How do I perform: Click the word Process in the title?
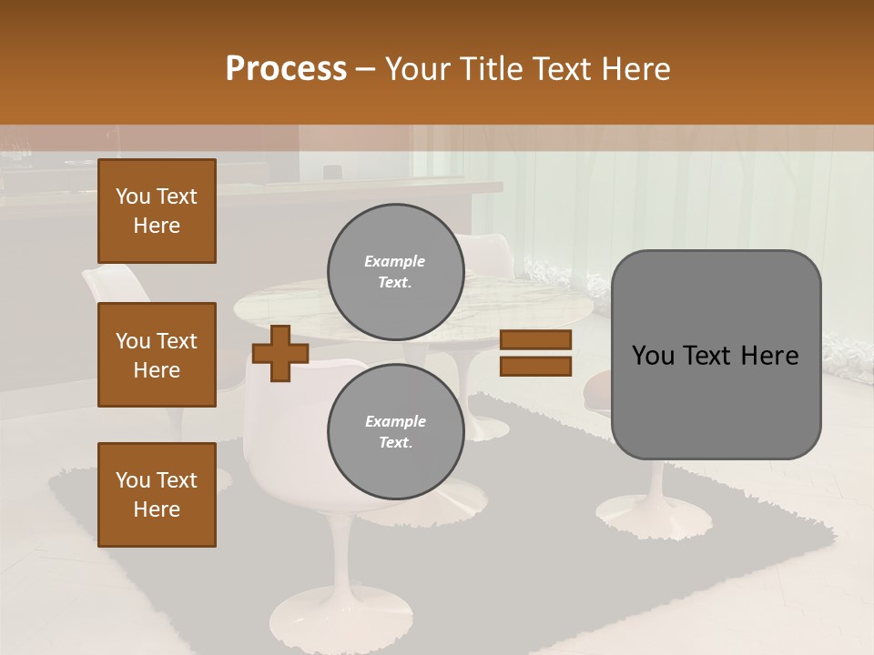[x=286, y=69]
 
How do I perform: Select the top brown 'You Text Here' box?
[x=157, y=211]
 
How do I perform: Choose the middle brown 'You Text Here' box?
[x=157, y=355]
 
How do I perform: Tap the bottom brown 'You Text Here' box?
[x=157, y=494]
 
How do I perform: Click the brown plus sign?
[x=280, y=354]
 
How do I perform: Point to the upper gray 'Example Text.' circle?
[x=395, y=271]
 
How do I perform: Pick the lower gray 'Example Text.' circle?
[x=395, y=431]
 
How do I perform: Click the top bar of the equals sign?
[x=535, y=339]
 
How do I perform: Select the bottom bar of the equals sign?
[x=535, y=367]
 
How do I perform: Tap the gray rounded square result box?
[x=716, y=400]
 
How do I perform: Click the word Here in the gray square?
[x=769, y=356]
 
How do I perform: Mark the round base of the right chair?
[x=653, y=517]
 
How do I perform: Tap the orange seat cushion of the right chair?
[x=597, y=391]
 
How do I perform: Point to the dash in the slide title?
[x=365, y=69]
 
